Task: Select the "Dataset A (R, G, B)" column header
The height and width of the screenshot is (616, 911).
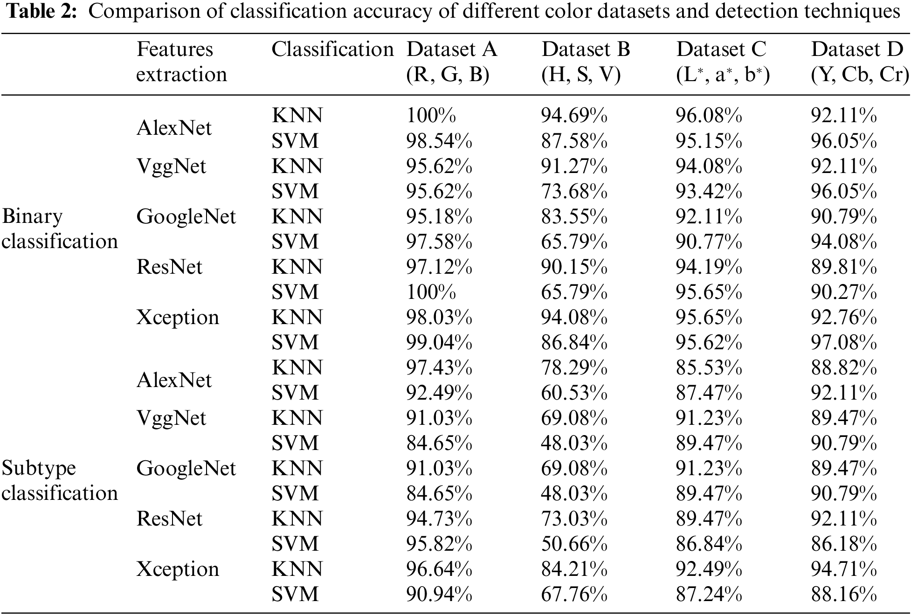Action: tap(451, 62)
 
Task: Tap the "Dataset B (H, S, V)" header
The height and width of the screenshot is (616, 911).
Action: tap(585, 62)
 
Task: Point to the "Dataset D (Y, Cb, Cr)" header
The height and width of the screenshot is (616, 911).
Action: tap(859, 62)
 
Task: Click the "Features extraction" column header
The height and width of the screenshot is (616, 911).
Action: tap(181, 62)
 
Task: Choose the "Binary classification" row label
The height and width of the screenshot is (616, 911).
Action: tap(60, 229)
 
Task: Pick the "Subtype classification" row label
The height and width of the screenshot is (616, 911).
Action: tap(60, 481)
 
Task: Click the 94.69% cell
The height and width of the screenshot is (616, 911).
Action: tap(574, 116)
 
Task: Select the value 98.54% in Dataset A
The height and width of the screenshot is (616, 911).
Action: tap(439, 141)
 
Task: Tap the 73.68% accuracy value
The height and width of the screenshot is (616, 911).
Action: tap(574, 191)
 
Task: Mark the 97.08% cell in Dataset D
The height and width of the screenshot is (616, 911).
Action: tap(843, 342)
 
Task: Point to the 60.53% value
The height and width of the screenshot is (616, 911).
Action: tap(574, 393)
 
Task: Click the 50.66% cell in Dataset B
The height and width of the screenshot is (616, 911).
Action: tap(574, 544)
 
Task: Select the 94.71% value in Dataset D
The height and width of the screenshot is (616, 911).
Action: tap(843, 569)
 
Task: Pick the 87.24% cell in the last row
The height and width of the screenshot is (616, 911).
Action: tap(709, 594)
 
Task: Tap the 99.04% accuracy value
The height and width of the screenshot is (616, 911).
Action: tap(439, 342)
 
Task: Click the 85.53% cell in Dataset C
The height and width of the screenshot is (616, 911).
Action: tap(709, 367)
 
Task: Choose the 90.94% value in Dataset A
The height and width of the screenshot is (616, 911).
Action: tap(439, 594)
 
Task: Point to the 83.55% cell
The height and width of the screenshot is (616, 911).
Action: tap(574, 216)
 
